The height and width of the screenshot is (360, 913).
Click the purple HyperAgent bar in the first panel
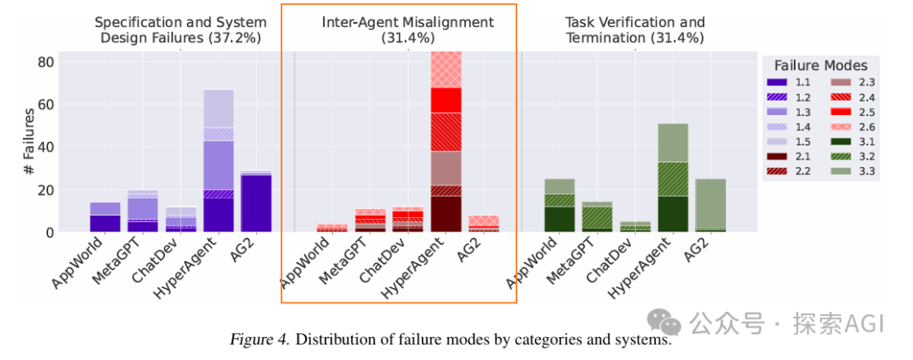pos(218,161)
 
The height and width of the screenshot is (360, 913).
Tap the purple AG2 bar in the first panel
pos(255,203)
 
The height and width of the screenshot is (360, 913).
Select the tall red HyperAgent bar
pos(446,144)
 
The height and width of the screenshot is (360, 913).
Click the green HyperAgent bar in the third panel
pos(673,177)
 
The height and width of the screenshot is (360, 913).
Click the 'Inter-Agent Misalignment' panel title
pos(407,22)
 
